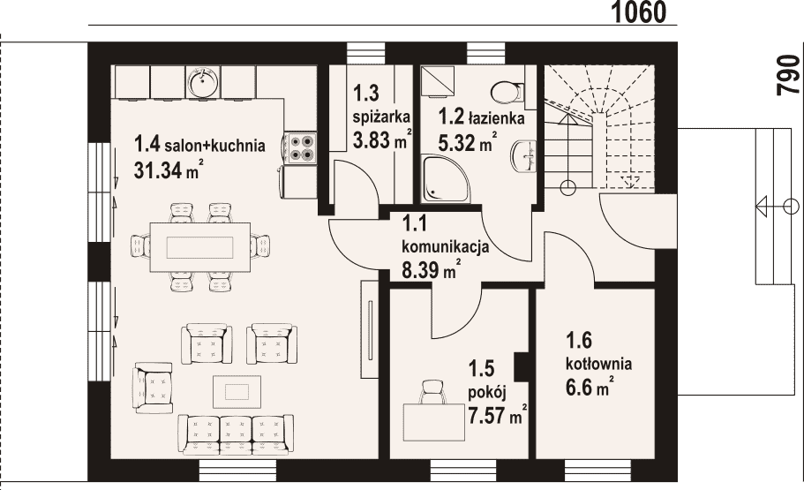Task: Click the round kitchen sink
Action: [204, 82]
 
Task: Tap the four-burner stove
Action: [300, 147]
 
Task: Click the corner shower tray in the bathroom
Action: [445, 178]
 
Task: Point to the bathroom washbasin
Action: [523, 155]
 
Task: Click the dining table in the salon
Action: [200, 247]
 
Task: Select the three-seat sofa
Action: [236, 434]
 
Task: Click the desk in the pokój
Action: [434, 422]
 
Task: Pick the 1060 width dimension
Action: [640, 12]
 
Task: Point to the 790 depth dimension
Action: [789, 75]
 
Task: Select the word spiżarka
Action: [381, 117]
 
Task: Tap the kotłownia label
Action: [599, 364]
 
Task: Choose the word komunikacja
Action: [445, 247]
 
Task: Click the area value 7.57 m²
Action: [498, 414]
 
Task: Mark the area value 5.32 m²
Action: [467, 142]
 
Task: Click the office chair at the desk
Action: [433, 392]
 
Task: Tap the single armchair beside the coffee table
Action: [153, 387]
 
